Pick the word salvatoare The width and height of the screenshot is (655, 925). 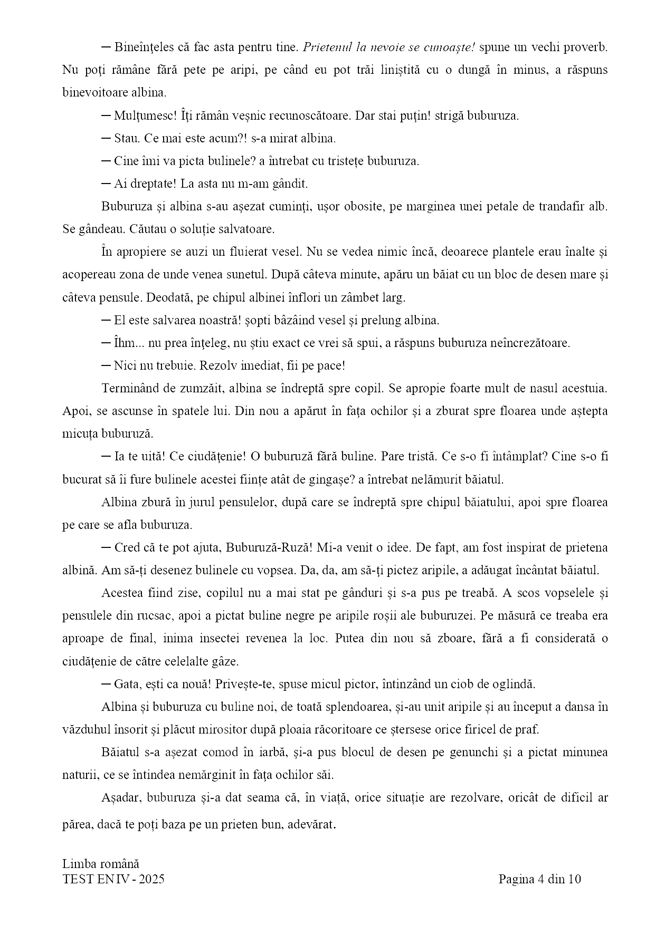(x=247, y=229)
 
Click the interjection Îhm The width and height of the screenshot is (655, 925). (x=124, y=343)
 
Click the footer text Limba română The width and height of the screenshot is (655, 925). (x=101, y=864)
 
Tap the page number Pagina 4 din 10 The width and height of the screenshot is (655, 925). (x=539, y=879)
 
